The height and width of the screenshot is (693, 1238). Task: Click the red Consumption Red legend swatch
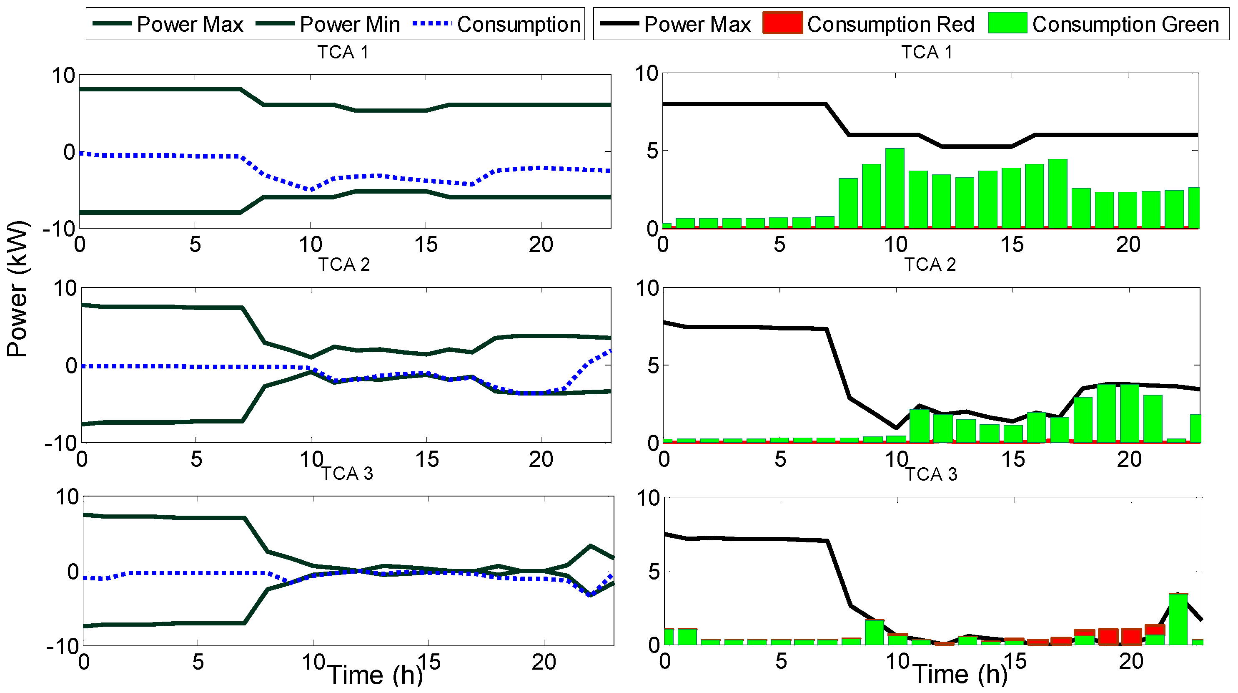(x=782, y=23)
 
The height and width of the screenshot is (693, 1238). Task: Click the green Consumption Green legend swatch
(x=1007, y=23)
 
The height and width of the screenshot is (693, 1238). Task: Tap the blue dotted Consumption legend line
(x=431, y=23)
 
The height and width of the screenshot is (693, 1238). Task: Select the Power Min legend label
(x=349, y=24)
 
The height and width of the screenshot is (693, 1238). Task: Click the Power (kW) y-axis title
(x=18, y=289)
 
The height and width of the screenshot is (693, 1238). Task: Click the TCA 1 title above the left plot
(x=343, y=52)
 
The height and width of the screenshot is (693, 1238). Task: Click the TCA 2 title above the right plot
(x=930, y=265)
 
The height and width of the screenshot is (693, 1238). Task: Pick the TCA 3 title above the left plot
(x=347, y=474)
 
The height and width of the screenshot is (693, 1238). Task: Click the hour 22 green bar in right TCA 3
(x=1178, y=620)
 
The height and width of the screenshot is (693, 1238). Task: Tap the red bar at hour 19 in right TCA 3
(x=1108, y=636)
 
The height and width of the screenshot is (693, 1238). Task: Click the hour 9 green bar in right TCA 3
(x=875, y=633)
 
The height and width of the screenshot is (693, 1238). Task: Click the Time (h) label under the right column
(x=960, y=674)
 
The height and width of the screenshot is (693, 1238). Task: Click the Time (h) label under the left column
(x=375, y=675)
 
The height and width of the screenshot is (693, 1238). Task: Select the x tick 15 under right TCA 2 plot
(x=1013, y=459)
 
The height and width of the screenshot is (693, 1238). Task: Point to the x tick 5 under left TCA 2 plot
(x=196, y=459)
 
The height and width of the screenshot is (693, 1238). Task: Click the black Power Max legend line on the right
(x=619, y=23)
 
